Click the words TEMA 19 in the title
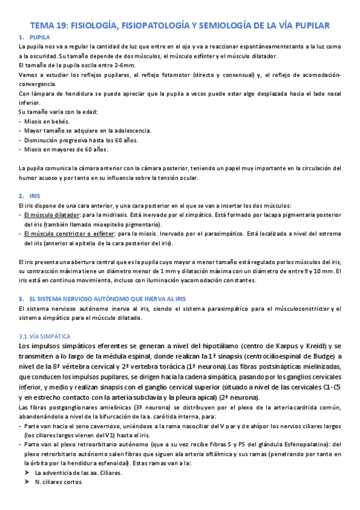pyautogui.click(x=47, y=25)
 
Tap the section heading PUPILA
pyautogui.click(x=39, y=37)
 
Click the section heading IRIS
pyautogui.click(x=35, y=196)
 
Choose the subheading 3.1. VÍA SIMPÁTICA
pyautogui.click(x=45, y=336)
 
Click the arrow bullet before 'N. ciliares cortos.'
pyautogui.click(x=27, y=482)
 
